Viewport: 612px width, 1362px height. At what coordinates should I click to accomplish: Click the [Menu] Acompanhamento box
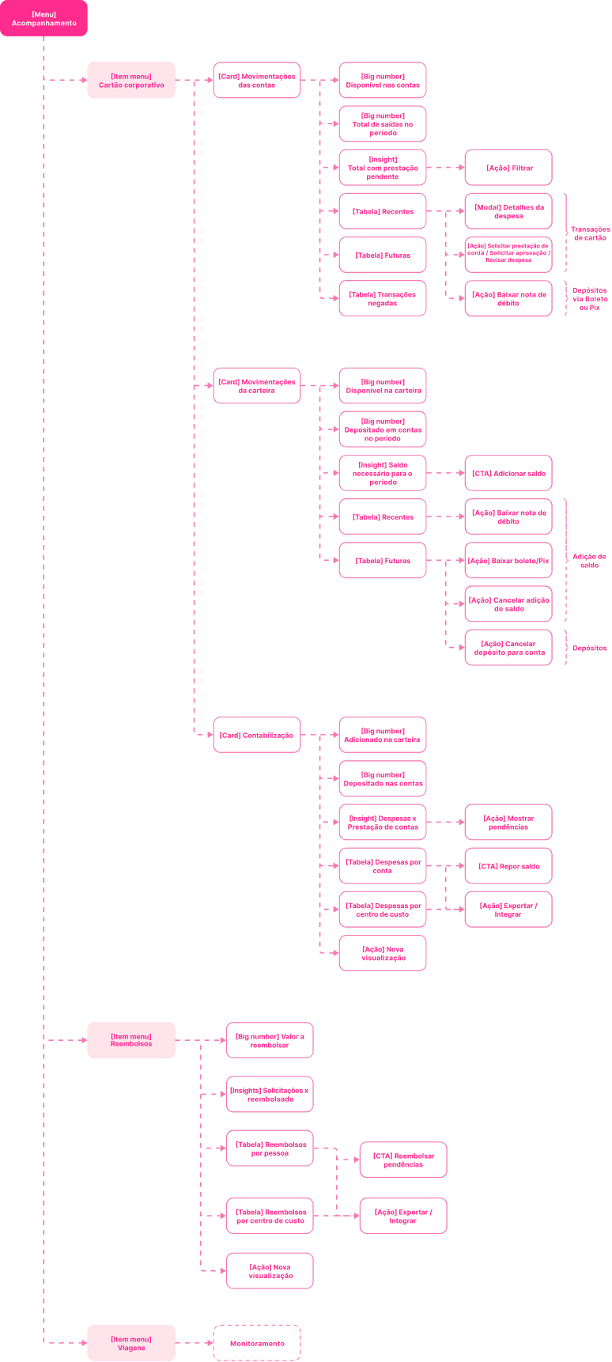[43, 18]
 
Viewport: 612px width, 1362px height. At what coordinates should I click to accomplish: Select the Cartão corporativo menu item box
[130, 80]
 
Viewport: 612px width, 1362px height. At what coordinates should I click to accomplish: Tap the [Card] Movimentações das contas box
[256, 80]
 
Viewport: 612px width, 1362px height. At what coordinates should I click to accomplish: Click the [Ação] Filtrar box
[508, 168]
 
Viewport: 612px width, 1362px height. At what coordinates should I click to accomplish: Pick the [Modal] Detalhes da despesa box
[508, 211]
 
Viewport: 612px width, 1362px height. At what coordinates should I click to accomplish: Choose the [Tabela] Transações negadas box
[382, 298]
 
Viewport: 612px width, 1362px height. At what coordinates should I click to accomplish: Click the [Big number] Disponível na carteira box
[382, 386]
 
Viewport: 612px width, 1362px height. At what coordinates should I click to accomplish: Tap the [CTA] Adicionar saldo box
[508, 473]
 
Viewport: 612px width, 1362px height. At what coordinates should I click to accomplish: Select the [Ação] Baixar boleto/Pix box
[508, 561]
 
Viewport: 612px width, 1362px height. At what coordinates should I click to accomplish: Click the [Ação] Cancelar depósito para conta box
[508, 648]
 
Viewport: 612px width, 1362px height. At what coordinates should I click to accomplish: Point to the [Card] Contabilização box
[256, 735]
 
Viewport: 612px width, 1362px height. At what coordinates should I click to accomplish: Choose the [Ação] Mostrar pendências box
[508, 823]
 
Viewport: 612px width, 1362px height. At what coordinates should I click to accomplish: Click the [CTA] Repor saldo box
[508, 866]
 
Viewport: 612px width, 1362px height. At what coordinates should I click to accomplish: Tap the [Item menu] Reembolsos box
[130, 1040]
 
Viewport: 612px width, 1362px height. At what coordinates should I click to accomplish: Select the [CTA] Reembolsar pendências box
[403, 1160]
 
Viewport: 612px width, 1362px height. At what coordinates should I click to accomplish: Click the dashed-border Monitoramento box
[256, 1343]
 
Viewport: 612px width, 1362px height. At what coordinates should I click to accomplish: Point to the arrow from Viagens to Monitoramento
[194, 1343]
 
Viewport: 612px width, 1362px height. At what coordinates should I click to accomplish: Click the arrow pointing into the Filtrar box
[445, 168]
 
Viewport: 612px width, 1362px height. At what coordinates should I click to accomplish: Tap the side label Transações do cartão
[590, 233]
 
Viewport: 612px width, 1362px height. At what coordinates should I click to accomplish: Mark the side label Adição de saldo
[590, 561]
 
